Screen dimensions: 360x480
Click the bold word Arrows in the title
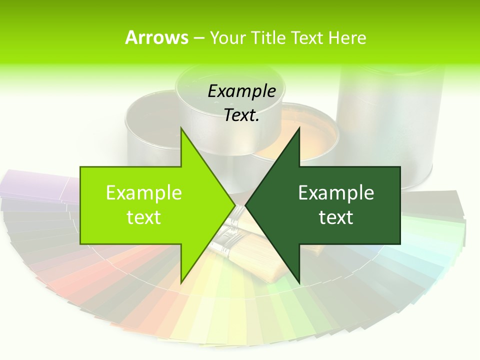coord(156,37)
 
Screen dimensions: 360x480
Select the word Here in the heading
coord(347,37)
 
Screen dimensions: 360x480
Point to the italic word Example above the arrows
coord(241,91)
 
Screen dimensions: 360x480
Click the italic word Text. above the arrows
coord(241,115)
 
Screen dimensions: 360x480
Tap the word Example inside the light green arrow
coord(144,192)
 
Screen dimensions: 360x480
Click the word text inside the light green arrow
coord(144,217)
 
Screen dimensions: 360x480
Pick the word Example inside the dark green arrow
coord(336,192)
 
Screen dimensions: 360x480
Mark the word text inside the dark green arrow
coord(336,217)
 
